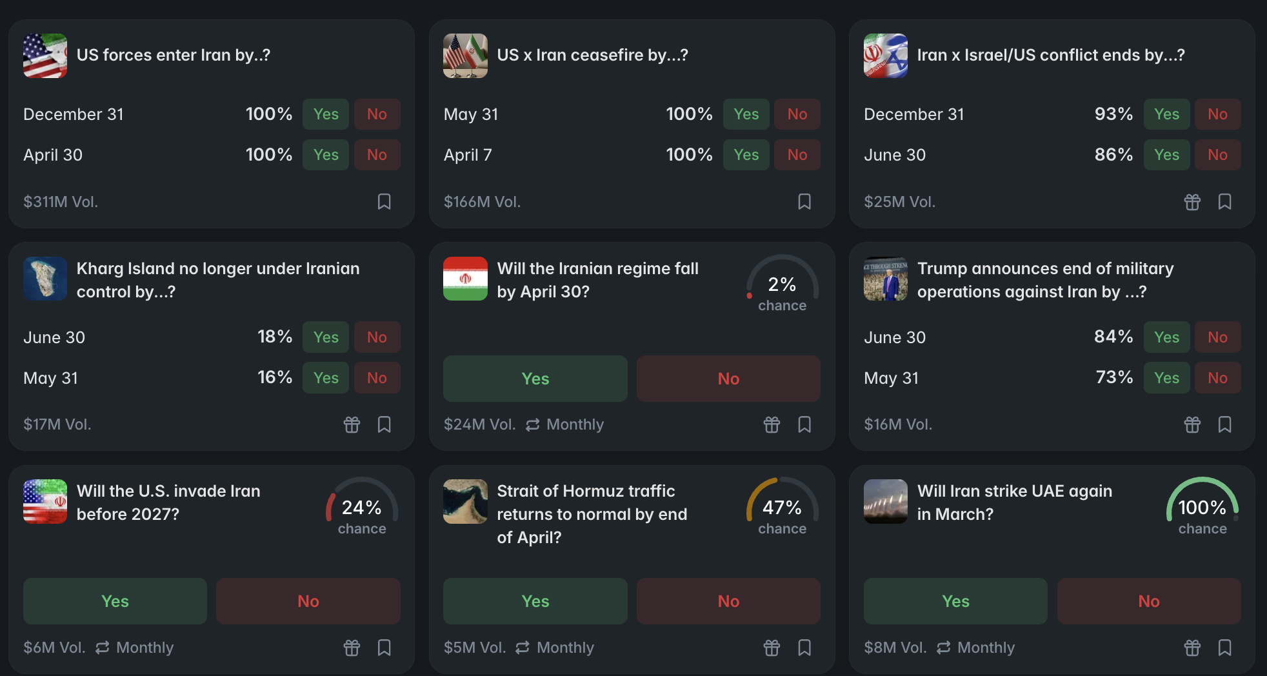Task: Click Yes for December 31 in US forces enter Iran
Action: click(x=325, y=114)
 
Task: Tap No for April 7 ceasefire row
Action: click(x=797, y=155)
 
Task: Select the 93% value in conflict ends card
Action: click(x=1113, y=114)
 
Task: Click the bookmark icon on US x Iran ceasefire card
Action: click(x=804, y=202)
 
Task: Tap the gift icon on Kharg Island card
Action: click(x=352, y=424)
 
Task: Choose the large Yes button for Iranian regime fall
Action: click(x=535, y=379)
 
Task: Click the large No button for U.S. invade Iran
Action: click(x=308, y=601)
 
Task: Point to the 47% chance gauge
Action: click(x=782, y=508)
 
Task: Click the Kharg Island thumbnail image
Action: click(x=45, y=279)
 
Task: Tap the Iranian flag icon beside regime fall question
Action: click(x=465, y=279)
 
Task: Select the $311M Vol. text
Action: click(x=61, y=202)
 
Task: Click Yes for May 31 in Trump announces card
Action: click(x=1166, y=378)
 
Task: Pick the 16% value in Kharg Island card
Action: click(x=274, y=377)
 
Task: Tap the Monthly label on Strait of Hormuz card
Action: click(x=564, y=648)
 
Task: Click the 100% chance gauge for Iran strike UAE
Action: click(x=1202, y=508)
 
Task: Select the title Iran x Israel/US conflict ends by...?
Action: click(x=1050, y=55)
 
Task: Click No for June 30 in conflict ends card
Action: click(x=1217, y=155)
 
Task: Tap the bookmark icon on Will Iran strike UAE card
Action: click(x=1224, y=648)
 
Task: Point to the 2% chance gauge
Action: click(x=782, y=285)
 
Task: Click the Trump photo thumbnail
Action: click(x=886, y=279)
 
